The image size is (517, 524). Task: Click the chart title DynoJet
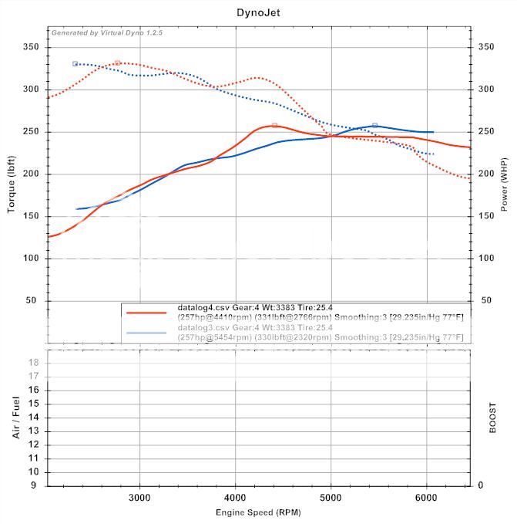pyautogui.click(x=258, y=12)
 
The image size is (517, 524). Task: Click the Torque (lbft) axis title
pyautogui.click(x=13, y=184)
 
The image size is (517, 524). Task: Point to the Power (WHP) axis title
pyautogui.click(x=505, y=184)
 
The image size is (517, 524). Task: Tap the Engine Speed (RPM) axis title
pyautogui.click(x=258, y=512)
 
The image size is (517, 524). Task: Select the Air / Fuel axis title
pyautogui.click(x=16, y=418)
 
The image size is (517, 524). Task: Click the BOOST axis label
pyautogui.click(x=492, y=418)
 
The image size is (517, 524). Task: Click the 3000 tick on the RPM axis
pyautogui.click(x=140, y=498)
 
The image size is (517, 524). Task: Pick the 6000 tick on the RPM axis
pyautogui.click(x=427, y=498)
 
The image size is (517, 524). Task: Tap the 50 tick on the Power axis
pyautogui.click(x=485, y=300)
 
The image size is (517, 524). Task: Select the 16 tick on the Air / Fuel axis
pyautogui.click(x=34, y=390)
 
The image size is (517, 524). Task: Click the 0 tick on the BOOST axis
pyautogui.click(x=480, y=485)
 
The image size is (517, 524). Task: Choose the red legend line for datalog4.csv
pyautogui.click(x=146, y=313)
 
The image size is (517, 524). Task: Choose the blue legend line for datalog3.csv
pyautogui.click(x=146, y=333)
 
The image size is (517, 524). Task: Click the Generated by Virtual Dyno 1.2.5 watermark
pyautogui.click(x=107, y=32)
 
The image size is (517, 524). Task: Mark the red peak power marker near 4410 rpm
pyautogui.click(x=274, y=125)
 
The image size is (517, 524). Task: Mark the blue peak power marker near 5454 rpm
pyautogui.click(x=374, y=125)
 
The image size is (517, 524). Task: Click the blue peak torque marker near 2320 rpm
pyautogui.click(x=75, y=63)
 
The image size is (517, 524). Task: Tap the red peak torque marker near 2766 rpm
pyautogui.click(x=117, y=63)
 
